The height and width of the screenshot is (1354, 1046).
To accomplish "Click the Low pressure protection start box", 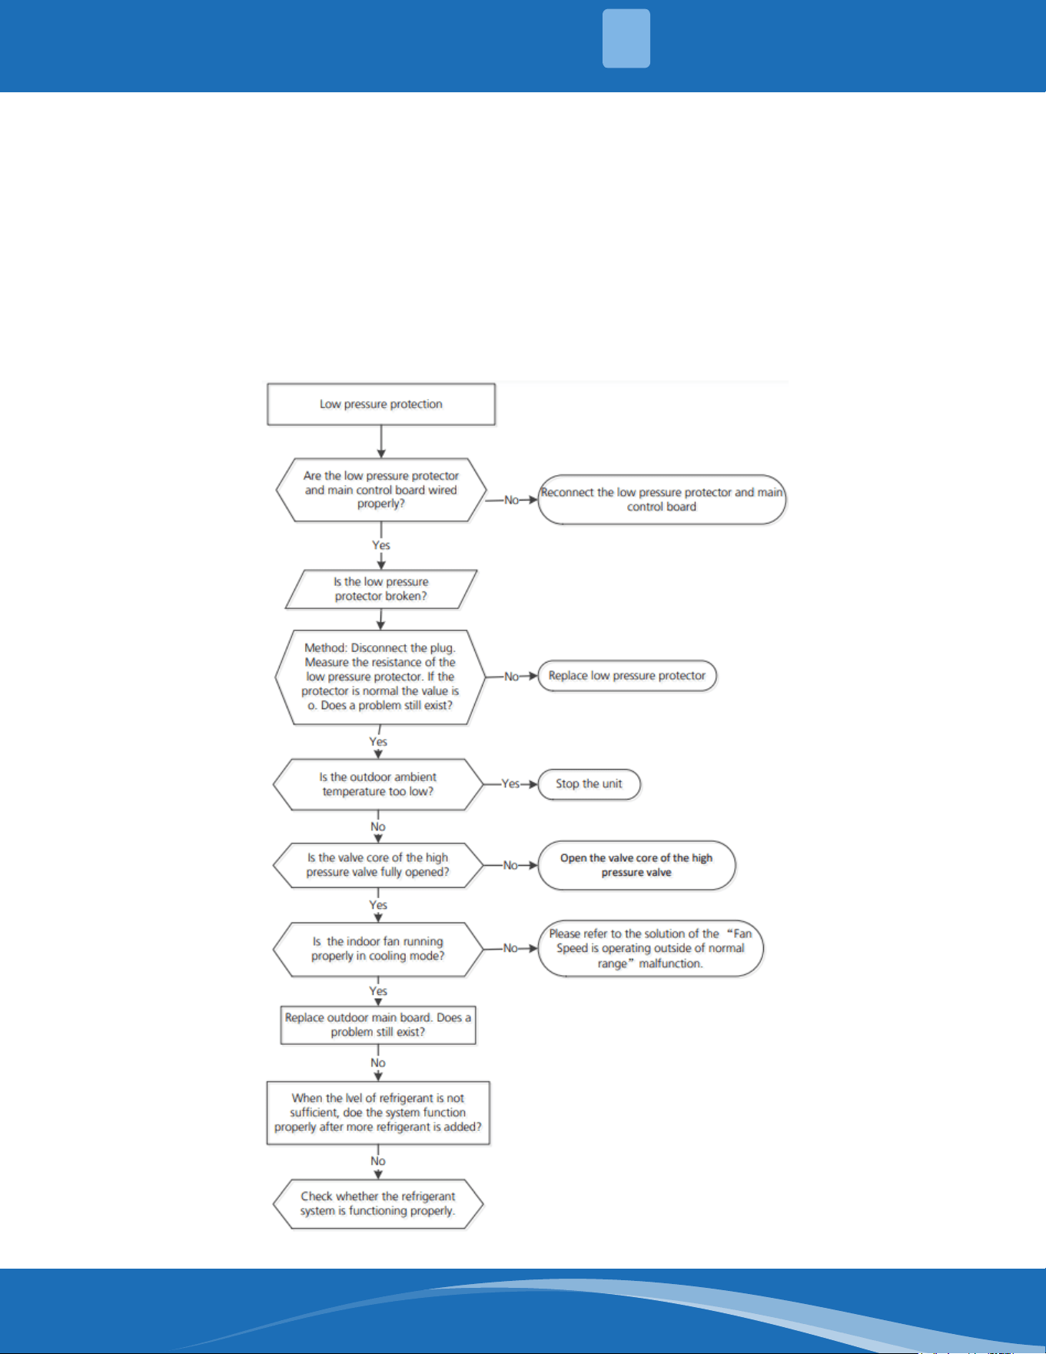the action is [x=381, y=404].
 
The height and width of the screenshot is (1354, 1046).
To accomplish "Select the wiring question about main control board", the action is [x=381, y=490].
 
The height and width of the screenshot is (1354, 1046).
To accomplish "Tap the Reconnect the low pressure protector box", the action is [x=662, y=500].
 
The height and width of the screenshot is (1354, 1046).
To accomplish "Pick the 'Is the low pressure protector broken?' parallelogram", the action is [x=381, y=589].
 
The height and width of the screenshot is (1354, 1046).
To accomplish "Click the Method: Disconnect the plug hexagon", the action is [x=380, y=677].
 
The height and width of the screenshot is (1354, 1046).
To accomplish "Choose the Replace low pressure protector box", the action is [x=627, y=676].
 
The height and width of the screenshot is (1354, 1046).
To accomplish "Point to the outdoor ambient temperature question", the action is [x=378, y=784].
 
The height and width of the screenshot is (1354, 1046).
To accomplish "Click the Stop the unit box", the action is [x=589, y=784].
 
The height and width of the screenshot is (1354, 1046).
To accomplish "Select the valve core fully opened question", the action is [x=378, y=865].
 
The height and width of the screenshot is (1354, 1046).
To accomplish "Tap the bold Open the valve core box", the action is [x=636, y=865].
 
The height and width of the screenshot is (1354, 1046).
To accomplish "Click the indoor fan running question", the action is [x=378, y=949].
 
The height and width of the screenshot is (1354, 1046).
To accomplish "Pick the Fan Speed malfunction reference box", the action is [x=651, y=949].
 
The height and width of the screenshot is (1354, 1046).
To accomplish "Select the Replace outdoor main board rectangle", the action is [x=378, y=1025].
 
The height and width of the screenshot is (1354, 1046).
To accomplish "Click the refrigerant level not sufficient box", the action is [x=378, y=1113].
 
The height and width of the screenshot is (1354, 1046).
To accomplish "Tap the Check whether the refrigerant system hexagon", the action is [x=378, y=1204].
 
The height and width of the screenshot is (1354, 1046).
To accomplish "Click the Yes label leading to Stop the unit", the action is [x=510, y=784].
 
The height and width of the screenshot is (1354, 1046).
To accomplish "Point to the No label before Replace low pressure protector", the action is [x=511, y=677].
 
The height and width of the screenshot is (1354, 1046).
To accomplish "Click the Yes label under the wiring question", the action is [x=381, y=545].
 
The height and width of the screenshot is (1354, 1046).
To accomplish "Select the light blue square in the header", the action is [x=626, y=38].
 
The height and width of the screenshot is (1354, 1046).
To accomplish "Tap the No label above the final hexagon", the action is [x=378, y=1161].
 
